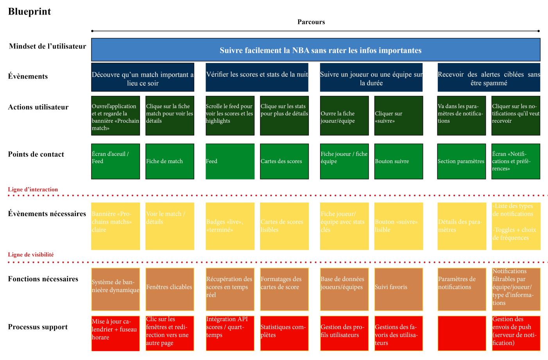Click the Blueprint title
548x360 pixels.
pyautogui.click(x=29, y=12)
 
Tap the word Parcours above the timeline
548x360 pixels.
pyautogui.click(x=311, y=22)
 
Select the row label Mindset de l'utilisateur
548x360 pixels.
pyautogui.click(x=47, y=47)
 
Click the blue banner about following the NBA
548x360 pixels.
pyautogui.click(x=315, y=50)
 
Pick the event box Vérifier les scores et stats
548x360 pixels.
pyautogui.click(x=257, y=77)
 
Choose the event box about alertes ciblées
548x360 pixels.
pyautogui.click(x=489, y=77)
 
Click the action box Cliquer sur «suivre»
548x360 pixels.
pyautogui.click(x=398, y=116)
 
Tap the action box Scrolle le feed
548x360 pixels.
pyautogui.click(x=230, y=116)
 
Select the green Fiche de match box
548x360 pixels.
pyautogui.click(x=170, y=161)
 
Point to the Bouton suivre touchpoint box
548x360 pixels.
pyautogui.click(x=398, y=161)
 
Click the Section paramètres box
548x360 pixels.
pyautogui.click(x=461, y=161)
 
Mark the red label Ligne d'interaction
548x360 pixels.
pyautogui.click(x=33, y=190)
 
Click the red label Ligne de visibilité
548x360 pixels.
pyautogui.click(x=31, y=255)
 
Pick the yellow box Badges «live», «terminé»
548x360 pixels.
pyautogui.click(x=230, y=226)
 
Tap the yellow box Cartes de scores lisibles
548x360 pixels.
pyautogui.click(x=284, y=226)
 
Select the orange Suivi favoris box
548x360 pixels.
pyautogui.click(x=398, y=289)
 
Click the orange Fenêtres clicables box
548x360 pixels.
pyautogui.click(x=170, y=289)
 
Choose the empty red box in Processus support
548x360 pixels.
pyautogui.click(x=461, y=333)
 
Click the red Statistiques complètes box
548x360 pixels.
pyautogui.click(x=284, y=333)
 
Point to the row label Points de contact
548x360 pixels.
pyautogui.click(x=36, y=154)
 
